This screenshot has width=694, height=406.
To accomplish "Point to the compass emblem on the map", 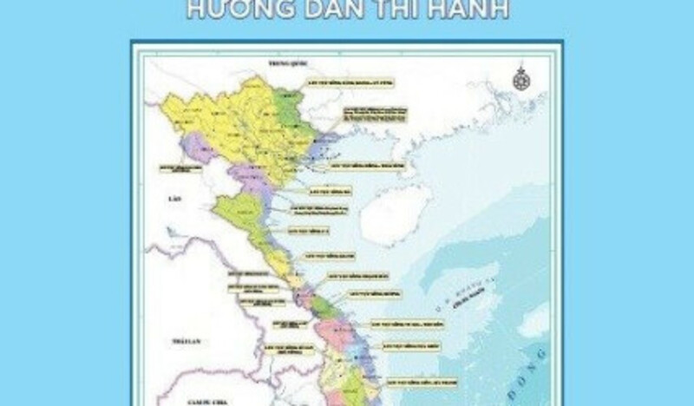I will tap(520, 78).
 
